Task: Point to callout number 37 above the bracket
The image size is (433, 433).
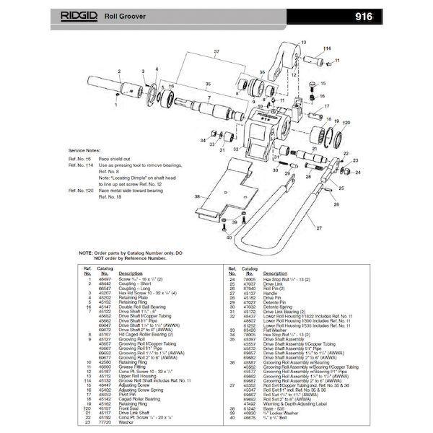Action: click(216, 52)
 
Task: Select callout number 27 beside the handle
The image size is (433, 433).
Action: click(316, 227)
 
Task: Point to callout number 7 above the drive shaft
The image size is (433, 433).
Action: click(209, 99)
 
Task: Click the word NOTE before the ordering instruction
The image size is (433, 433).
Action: click(85, 253)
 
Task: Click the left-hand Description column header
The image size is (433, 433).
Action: click(131, 274)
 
